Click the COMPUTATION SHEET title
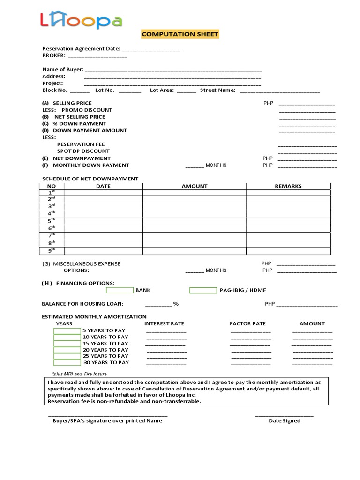tap(180, 34)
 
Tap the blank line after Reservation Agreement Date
tap(150, 49)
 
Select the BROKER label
tap(53, 55)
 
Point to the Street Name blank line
tap(279, 91)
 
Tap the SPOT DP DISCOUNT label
tap(83, 151)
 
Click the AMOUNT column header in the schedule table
tap(194, 186)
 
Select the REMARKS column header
tap(288, 186)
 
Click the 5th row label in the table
tap(52, 220)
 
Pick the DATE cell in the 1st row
tap(103, 193)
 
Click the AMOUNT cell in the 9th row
tap(194, 251)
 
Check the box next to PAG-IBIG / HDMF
tap(203, 290)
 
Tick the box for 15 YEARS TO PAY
tap(67, 344)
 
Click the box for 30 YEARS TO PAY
tap(67, 362)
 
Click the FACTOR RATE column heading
tap(247, 323)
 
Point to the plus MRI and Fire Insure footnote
tap(79, 374)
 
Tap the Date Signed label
tap(284, 420)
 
